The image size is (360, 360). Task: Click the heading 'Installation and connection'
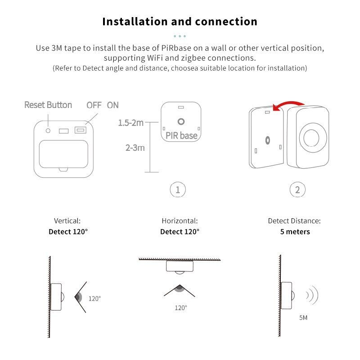click(180, 22)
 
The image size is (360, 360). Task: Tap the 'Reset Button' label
click(48, 105)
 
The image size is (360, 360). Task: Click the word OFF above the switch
click(94, 105)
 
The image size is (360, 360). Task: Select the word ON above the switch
click(113, 105)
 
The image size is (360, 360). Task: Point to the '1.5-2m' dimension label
click(131, 123)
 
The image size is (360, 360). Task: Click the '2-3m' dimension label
click(135, 148)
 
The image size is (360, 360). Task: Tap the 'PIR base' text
click(181, 135)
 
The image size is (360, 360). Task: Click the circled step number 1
click(178, 190)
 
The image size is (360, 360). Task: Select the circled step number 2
click(297, 190)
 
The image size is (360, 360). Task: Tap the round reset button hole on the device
click(48, 130)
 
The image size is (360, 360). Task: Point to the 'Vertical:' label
click(67, 221)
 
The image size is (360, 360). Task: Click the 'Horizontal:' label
click(180, 221)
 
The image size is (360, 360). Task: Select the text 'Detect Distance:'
click(294, 221)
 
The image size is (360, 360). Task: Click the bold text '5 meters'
click(295, 232)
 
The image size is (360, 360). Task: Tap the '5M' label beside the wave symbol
click(303, 318)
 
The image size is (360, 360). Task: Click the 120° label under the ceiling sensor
click(181, 308)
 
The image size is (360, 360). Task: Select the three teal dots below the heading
click(180, 36)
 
